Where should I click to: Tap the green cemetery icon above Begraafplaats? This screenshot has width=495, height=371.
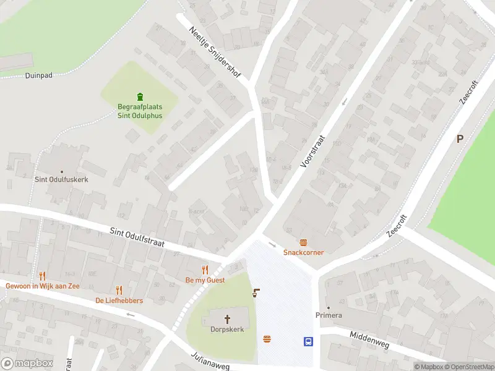pos(140,96)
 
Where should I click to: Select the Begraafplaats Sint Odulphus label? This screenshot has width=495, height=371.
pos(140,111)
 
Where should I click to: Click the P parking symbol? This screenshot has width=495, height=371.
pos(460,139)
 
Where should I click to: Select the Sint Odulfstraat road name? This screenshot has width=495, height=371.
pos(137,237)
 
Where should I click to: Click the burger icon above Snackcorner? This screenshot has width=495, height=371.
pos(303,242)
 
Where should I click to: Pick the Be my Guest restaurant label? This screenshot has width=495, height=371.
pos(205,280)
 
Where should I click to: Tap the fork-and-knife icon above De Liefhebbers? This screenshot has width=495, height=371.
pos(119,290)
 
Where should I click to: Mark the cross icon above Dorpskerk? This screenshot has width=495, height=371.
pos(226,319)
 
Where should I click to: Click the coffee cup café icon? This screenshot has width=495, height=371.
pos(255,292)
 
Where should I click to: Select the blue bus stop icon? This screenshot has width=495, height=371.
pos(308,341)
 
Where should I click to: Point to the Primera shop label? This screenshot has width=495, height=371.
pos(329,315)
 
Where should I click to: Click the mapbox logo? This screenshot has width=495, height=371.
pos(27,363)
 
